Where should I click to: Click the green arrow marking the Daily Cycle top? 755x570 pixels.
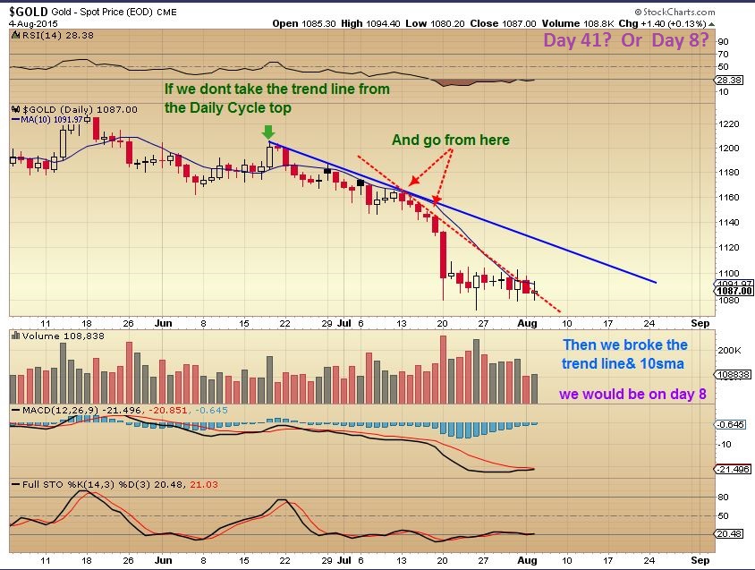tap(268, 132)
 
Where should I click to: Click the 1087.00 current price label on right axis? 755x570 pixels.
tap(734, 291)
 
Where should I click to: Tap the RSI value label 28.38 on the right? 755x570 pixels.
tap(733, 79)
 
